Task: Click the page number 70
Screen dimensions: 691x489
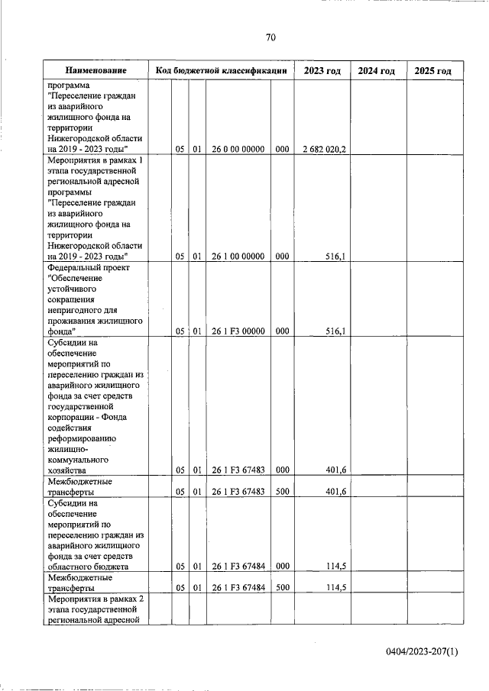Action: (270, 37)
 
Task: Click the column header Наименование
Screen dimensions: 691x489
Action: (96, 70)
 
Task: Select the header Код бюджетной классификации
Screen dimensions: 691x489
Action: (221, 70)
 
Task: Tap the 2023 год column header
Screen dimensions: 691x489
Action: (322, 70)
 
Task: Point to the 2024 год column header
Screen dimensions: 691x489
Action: (377, 70)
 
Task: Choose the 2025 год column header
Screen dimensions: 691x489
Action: (433, 70)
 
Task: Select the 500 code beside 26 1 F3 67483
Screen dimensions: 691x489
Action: (281, 492)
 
